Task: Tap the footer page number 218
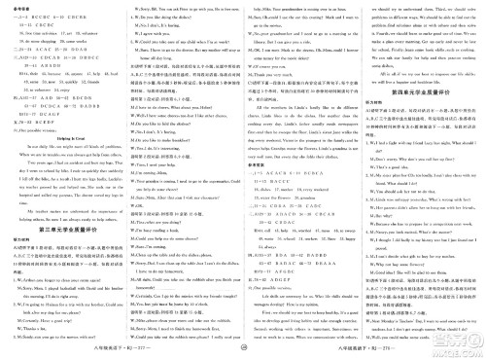[403, 351]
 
